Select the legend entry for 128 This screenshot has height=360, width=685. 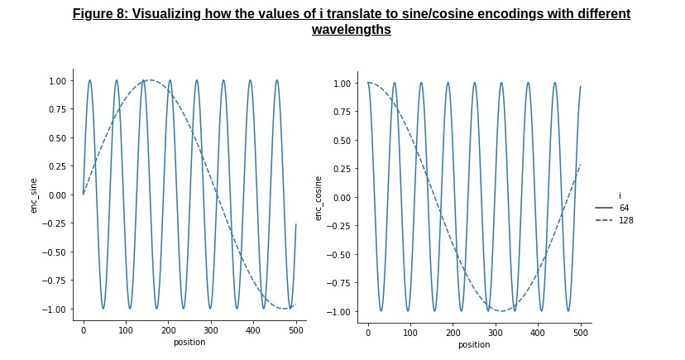[614, 220]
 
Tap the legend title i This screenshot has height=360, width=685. [620, 196]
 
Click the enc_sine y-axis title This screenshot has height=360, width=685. [34, 195]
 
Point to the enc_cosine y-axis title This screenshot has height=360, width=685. [318, 199]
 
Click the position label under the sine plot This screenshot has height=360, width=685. [189, 342]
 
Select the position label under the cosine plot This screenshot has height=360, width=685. [474, 345]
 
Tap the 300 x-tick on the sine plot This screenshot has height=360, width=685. [211, 330]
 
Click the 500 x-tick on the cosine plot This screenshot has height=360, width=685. [581, 333]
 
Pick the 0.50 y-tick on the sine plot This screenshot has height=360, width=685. [57, 138]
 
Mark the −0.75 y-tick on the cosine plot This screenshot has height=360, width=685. [338, 283]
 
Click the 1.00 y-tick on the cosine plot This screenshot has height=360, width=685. [342, 84]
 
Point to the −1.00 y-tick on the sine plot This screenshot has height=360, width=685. [54, 310]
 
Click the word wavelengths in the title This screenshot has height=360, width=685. [352, 29]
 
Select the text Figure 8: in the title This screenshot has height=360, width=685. [100, 13]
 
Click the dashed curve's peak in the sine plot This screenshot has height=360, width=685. [150, 80]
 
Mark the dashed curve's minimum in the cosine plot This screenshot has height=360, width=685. [501, 311]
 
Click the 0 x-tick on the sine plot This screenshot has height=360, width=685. [84, 330]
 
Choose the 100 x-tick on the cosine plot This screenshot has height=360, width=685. [410, 333]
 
